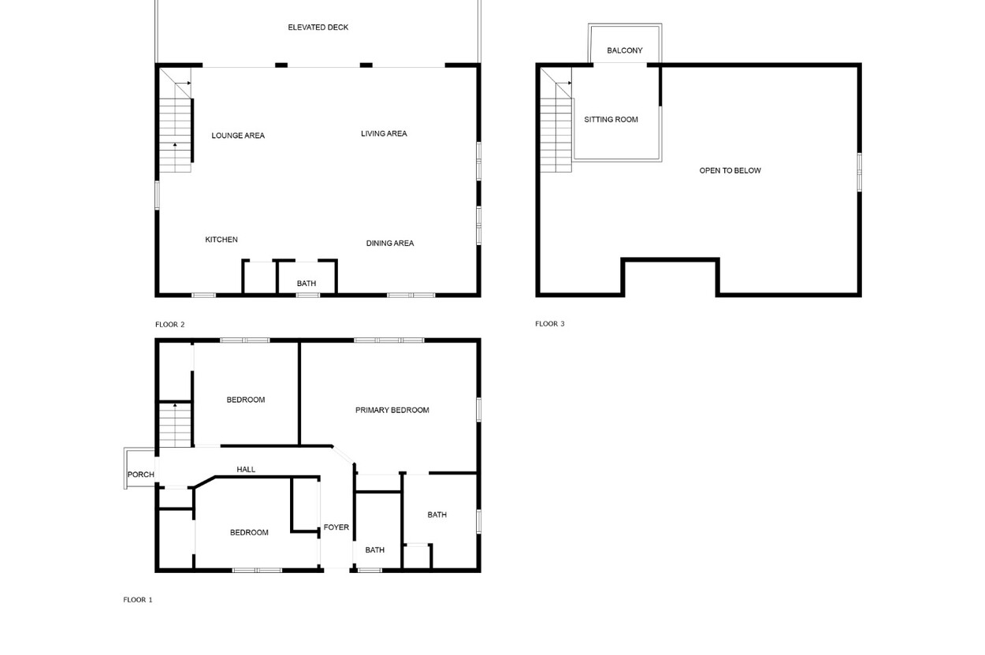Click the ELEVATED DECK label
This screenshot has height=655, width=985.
point(318,28)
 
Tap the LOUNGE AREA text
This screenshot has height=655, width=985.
point(238,136)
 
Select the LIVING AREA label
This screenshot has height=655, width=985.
point(384,134)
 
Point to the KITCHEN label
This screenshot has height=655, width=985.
point(221,240)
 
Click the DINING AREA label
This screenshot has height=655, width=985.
point(389,244)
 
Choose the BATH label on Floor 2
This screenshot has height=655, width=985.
point(306,283)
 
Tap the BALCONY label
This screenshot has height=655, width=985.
point(624,50)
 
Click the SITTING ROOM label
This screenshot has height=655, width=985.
point(611,120)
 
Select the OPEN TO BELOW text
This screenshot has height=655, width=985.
point(730,171)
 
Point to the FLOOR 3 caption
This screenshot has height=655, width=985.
point(550,324)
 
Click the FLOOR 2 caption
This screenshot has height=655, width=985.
point(169,325)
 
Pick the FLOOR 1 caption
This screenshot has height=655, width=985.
point(138,600)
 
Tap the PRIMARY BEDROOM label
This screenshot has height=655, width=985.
point(392,411)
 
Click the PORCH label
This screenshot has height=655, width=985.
point(141,475)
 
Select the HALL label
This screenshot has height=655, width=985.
point(246,469)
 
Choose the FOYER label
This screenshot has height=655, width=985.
point(336,527)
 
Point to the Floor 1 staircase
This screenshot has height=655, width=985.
point(175,425)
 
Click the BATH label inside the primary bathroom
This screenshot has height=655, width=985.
point(437,515)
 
